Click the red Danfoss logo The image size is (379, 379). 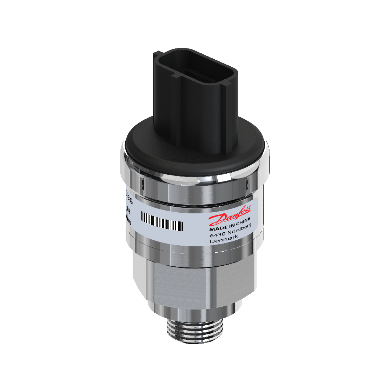click(x=230, y=216)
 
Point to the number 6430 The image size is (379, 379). click(x=218, y=235)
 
